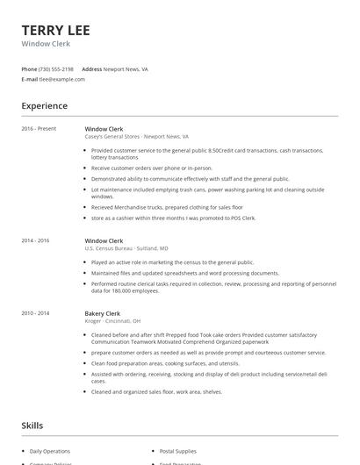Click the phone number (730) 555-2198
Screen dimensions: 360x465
click(x=56, y=68)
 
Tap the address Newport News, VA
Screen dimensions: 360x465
click(x=126, y=68)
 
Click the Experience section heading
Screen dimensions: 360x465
click(x=45, y=106)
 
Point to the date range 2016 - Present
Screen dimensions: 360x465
click(x=39, y=129)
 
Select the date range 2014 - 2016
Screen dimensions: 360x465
click(x=36, y=240)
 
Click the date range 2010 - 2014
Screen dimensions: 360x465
click(x=36, y=313)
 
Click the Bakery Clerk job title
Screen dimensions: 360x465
click(x=103, y=313)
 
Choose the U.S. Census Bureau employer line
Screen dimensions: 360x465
click(x=126, y=248)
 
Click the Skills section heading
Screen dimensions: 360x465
click(x=32, y=426)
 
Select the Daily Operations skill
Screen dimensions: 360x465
click(x=51, y=450)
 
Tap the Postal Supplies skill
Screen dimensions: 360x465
click(x=178, y=450)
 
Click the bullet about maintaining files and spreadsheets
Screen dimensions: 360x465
click(x=184, y=273)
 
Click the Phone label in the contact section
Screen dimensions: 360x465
click(x=29, y=68)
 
